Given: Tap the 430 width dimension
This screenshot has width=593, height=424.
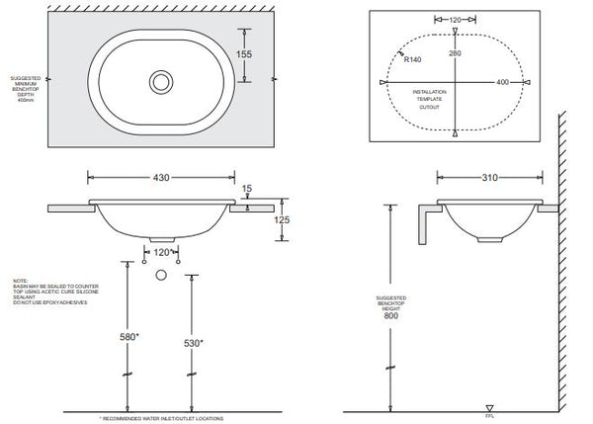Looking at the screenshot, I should click(161, 177).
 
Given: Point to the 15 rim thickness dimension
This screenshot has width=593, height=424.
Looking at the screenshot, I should click(246, 189).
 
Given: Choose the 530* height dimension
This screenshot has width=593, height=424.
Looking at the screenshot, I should click(196, 343).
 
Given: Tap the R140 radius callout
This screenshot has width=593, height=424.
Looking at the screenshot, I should click(414, 59).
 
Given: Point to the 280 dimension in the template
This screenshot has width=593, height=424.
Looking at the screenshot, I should click(456, 52).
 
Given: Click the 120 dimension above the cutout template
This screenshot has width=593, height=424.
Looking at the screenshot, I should click(455, 19).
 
